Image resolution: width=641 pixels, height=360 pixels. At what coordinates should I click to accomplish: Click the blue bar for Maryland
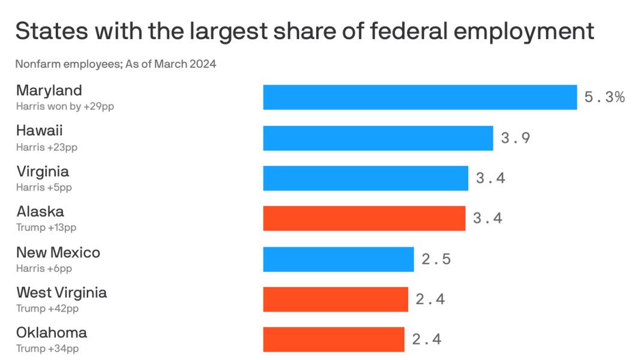tap(420, 97)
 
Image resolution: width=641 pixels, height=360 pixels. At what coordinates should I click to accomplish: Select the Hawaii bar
tap(378, 138)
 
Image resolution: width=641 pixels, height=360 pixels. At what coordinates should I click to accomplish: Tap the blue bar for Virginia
tap(365, 178)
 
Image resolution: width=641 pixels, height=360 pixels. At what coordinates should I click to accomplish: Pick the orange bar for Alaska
tap(364, 218)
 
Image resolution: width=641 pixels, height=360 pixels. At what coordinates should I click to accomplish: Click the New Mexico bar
tap(338, 259)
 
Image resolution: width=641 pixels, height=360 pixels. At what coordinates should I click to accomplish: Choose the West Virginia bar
tap(335, 299)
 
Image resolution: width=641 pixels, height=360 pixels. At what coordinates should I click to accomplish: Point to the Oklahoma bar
tap(333, 340)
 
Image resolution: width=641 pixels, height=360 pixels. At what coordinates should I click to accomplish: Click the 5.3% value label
tap(604, 97)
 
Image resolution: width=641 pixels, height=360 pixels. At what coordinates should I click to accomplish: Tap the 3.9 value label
tap(516, 138)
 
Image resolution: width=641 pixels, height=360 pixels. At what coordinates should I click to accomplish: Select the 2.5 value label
tap(436, 259)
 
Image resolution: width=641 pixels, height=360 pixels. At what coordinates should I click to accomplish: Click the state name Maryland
tap(49, 91)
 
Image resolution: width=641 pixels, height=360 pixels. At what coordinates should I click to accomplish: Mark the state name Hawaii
tap(40, 131)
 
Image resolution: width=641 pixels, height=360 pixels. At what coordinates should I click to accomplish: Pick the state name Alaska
tap(40, 212)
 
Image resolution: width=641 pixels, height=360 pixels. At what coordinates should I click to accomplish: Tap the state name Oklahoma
tap(52, 333)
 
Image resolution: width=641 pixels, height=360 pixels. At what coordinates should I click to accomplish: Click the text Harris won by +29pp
tap(65, 106)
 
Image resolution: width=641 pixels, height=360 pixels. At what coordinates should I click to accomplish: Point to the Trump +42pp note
tap(47, 308)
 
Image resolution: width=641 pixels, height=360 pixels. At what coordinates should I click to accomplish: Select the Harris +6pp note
tap(44, 268)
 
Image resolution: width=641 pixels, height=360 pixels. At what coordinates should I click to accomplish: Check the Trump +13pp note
tap(46, 228)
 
